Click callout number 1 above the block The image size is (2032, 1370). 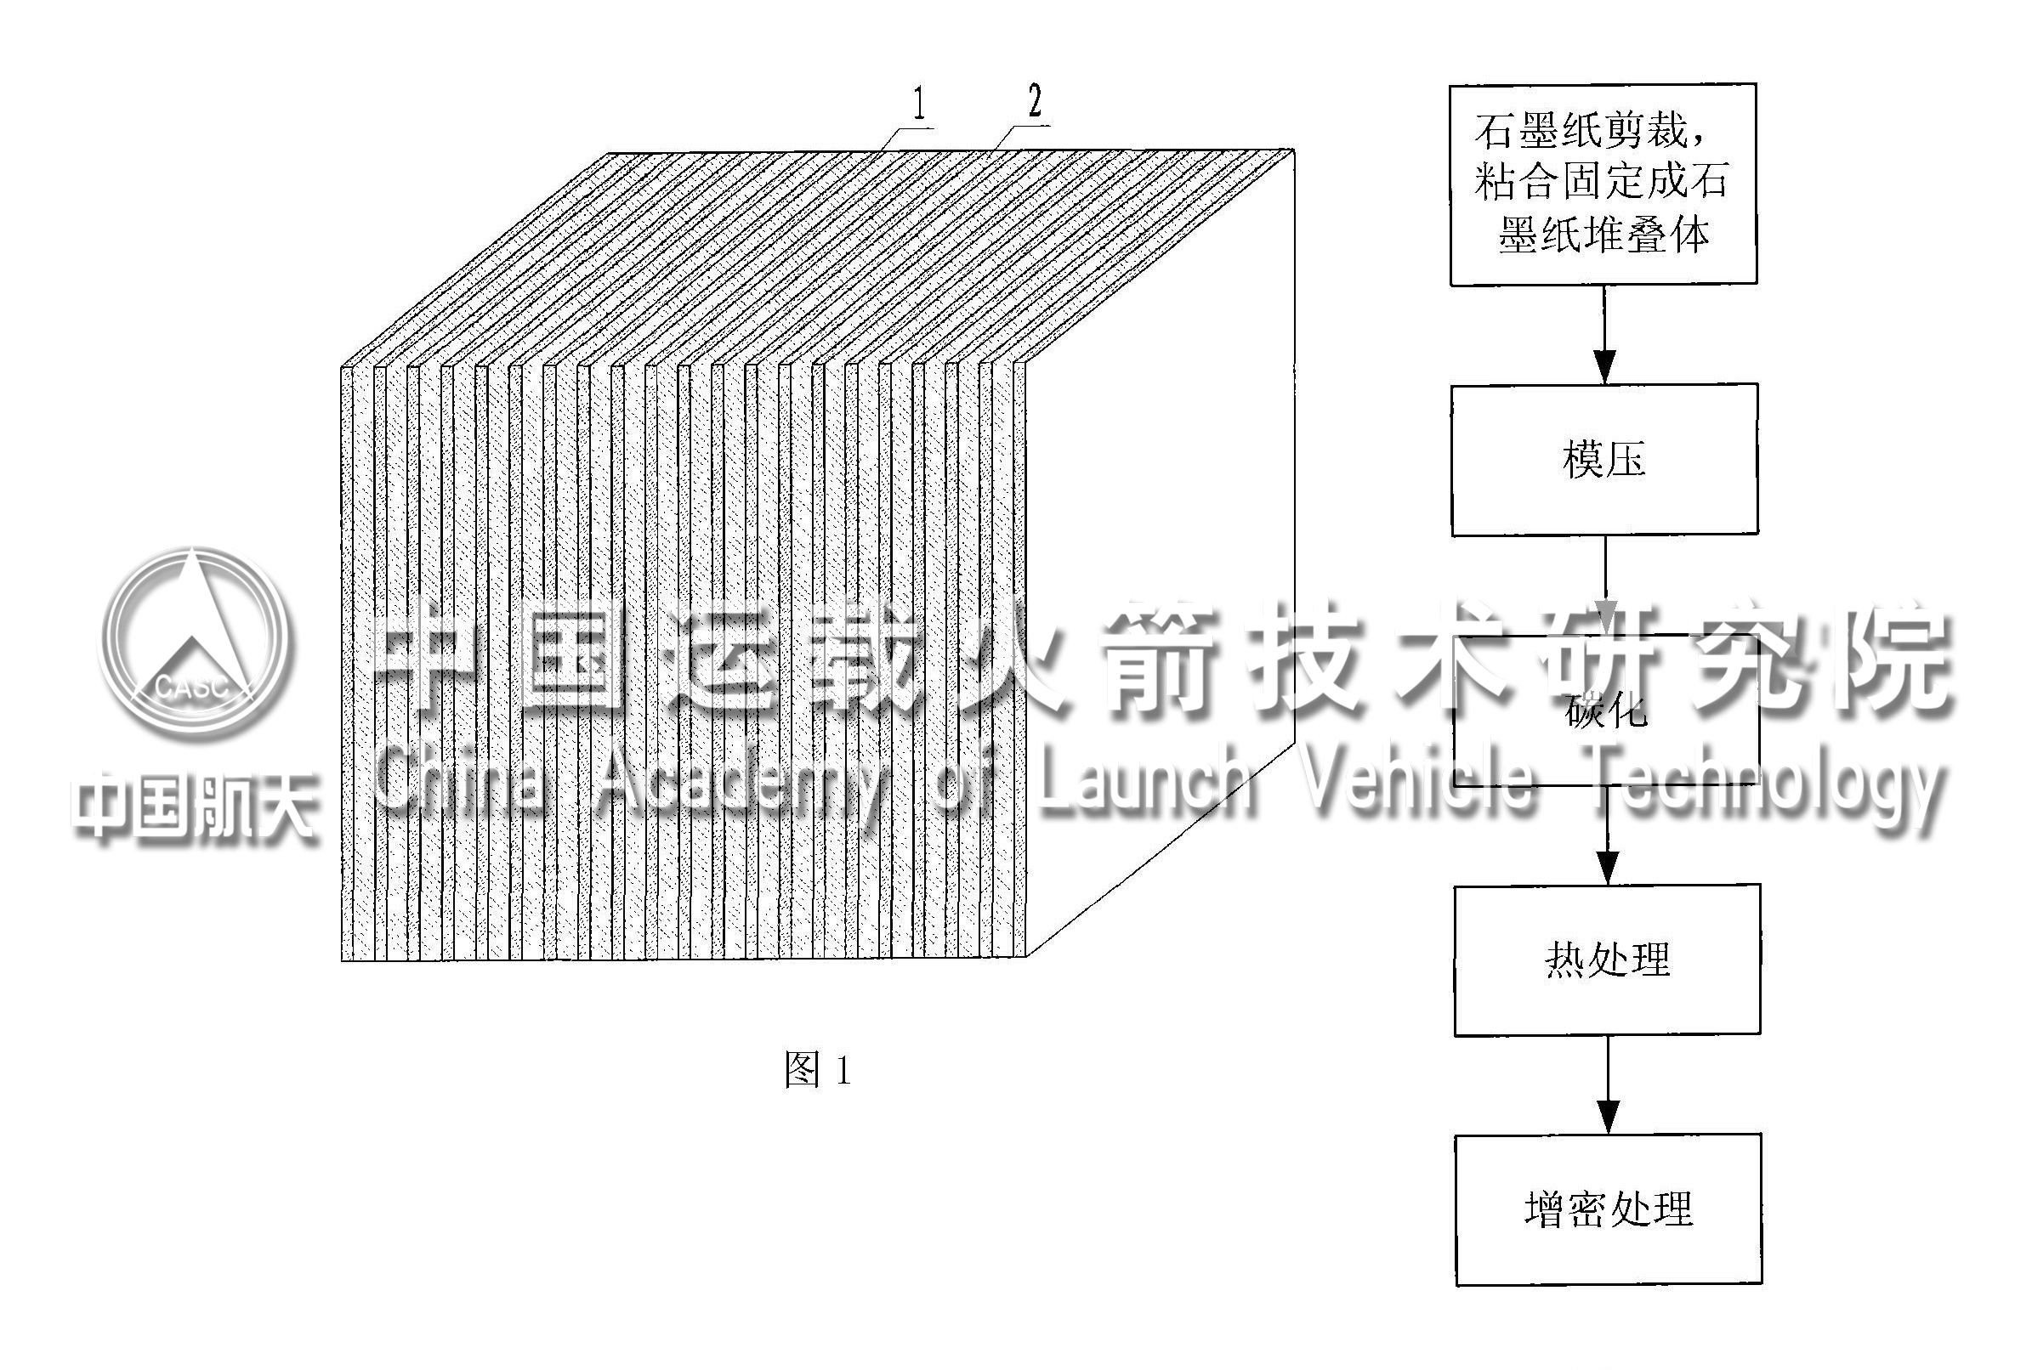(917, 103)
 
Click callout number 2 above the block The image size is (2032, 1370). (1035, 100)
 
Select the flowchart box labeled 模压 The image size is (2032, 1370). (1603, 459)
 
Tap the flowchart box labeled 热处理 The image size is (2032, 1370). (1606, 960)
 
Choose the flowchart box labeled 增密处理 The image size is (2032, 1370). (1608, 1209)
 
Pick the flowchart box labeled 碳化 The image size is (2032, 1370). (1606, 710)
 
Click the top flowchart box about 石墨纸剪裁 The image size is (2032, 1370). (1603, 184)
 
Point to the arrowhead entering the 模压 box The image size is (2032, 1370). (1604, 366)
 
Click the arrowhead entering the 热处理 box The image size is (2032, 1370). (1607, 868)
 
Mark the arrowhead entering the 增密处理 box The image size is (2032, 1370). (1608, 1117)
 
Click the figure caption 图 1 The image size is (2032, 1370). (817, 1069)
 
